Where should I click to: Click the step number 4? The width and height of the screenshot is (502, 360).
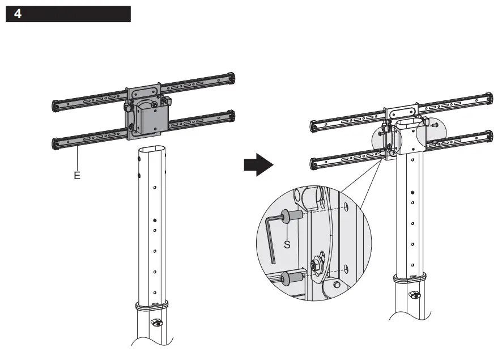[18, 14]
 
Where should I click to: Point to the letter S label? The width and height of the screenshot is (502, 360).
[287, 245]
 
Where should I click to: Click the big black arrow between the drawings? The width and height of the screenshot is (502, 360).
[258, 164]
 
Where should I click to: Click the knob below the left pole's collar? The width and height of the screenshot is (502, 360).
[155, 323]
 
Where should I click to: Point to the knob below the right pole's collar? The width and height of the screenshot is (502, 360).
[415, 294]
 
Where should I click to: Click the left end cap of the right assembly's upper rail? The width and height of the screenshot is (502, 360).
[314, 125]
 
